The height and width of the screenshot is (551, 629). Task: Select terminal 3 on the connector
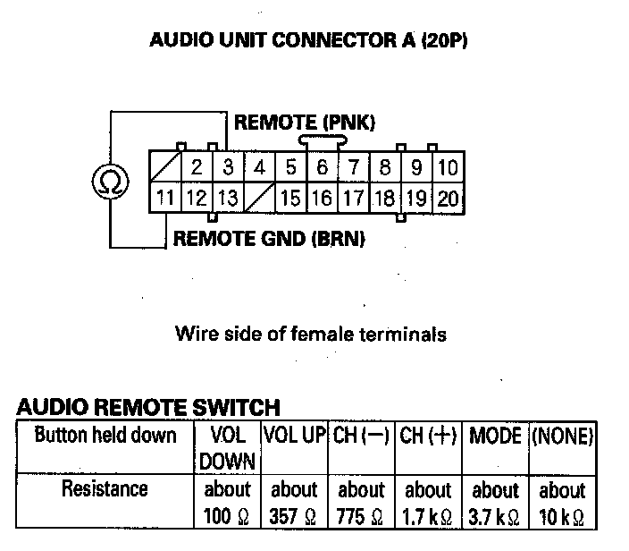pyautogui.click(x=228, y=167)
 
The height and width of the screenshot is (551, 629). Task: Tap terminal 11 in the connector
pyautogui.click(x=164, y=198)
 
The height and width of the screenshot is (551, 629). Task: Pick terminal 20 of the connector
pyautogui.click(x=449, y=198)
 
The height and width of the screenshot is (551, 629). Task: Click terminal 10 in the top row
pyautogui.click(x=449, y=167)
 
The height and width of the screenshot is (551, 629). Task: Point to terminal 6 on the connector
pyautogui.click(x=323, y=167)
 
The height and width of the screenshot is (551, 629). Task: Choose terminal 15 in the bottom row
pyautogui.click(x=290, y=198)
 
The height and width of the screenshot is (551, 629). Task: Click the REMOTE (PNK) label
pyautogui.click(x=305, y=123)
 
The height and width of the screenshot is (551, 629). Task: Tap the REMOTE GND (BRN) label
pyautogui.click(x=268, y=239)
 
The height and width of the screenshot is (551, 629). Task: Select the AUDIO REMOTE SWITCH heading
pyautogui.click(x=147, y=407)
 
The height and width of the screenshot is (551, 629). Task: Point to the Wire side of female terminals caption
pyautogui.click(x=311, y=335)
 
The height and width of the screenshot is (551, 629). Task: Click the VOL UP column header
pyautogui.click(x=294, y=436)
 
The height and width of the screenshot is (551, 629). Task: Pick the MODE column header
pyautogui.click(x=495, y=436)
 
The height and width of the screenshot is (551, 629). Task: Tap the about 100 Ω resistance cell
pyautogui.click(x=228, y=504)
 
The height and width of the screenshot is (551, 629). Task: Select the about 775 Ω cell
pyautogui.click(x=361, y=504)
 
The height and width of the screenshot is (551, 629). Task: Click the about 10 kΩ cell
pyautogui.click(x=562, y=504)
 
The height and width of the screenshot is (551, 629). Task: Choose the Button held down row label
pyautogui.click(x=105, y=436)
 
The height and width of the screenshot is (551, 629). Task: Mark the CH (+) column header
pyautogui.click(x=428, y=436)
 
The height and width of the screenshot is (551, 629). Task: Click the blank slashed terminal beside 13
pyautogui.click(x=259, y=198)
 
